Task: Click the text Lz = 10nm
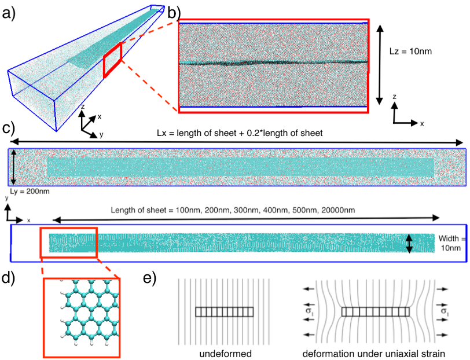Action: pos(410,51)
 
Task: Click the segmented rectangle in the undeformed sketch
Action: pos(225,312)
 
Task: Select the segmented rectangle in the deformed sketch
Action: pos(375,312)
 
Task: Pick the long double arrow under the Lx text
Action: pos(237,142)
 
